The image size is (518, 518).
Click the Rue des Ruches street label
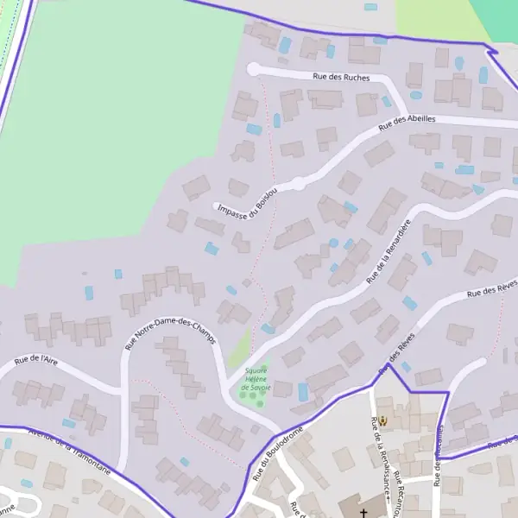point(341,78)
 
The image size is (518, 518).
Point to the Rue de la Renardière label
point(388,251)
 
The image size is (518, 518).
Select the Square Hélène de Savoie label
point(256,380)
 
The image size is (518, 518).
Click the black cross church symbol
point(363,513)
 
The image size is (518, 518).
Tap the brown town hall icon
point(384,421)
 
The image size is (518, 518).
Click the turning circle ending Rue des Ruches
point(253,69)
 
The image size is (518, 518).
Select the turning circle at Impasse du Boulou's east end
point(298,183)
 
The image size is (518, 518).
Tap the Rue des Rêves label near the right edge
point(492,288)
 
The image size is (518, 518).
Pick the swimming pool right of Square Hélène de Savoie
point(303,392)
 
